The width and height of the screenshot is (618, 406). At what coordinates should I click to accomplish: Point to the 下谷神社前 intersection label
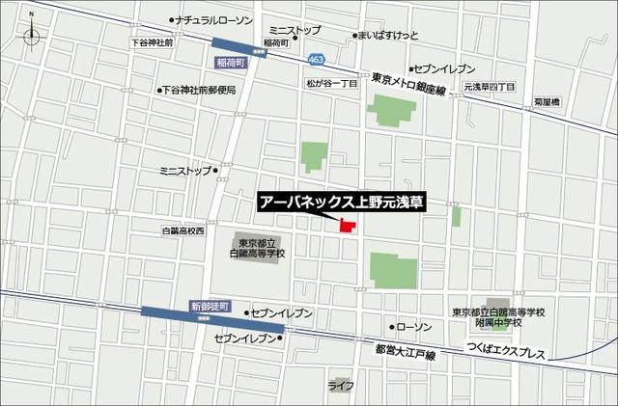pos(153,43)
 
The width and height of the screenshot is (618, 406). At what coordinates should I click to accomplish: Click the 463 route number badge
pos(317,61)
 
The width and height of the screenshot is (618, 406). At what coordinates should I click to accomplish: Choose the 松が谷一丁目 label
pos(331,84)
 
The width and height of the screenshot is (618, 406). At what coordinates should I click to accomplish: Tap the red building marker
pos(347,228)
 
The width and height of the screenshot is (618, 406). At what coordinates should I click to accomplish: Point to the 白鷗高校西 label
pos(183,231)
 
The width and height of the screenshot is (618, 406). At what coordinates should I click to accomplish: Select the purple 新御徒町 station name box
pos(211,306)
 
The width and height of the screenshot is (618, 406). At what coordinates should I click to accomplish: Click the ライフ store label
pos(340,386)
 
